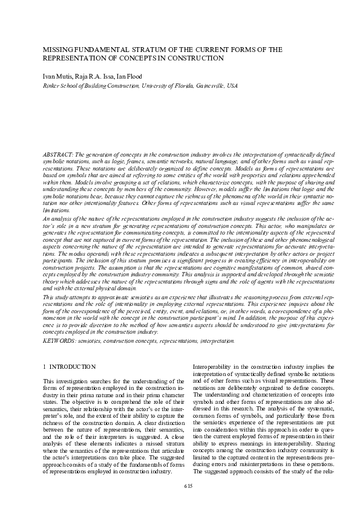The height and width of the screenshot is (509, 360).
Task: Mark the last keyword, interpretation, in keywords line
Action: pyautogui.click(x=216, y=341)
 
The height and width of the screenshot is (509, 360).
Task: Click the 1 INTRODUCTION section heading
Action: pyautogui.click(x=70, y=367)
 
